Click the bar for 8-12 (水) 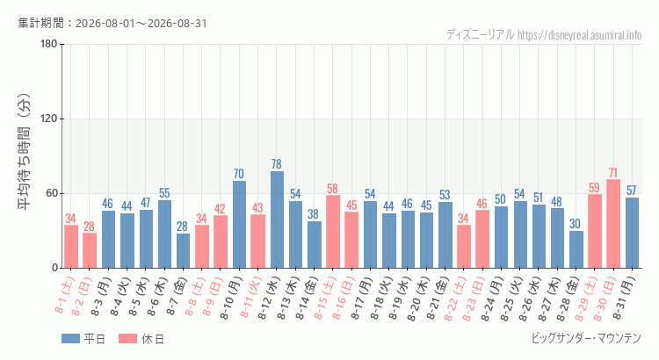point(277,220)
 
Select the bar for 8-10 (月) point(240,224)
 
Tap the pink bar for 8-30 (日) point(613,224)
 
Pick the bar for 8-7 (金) point(184,251)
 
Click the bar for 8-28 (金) point(576,249)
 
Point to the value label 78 point(277,164)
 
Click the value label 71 point(613,173)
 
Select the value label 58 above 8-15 point(332,188)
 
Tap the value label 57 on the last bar point(632,191)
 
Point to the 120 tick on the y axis point(49,119)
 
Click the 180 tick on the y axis point(49,44)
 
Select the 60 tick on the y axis point(52,193)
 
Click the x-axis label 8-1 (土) point(65,294)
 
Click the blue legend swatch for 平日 point(70,339)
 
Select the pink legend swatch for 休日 point(127,339)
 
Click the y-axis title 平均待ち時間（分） point(25,152)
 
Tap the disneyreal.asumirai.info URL point(580,35)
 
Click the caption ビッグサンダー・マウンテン point(586,338)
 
